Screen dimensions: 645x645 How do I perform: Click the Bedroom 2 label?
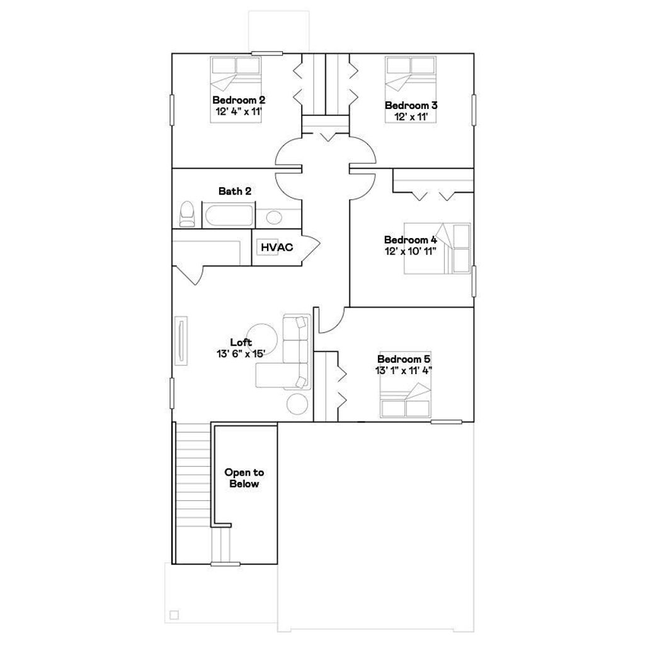238,100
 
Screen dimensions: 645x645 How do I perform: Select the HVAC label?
277,248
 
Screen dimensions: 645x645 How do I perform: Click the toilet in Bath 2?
187,214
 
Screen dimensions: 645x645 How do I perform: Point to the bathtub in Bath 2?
229,216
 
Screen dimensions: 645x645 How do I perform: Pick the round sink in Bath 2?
273,218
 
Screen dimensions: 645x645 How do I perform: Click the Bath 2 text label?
235,191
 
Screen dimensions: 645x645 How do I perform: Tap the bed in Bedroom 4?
437,248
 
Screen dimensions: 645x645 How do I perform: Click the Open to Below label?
244,478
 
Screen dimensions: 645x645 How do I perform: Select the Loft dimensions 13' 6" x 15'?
239,353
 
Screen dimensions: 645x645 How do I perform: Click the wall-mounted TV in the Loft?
181,340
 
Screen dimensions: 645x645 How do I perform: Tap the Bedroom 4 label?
410,240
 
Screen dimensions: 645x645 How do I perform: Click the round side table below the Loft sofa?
298,403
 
